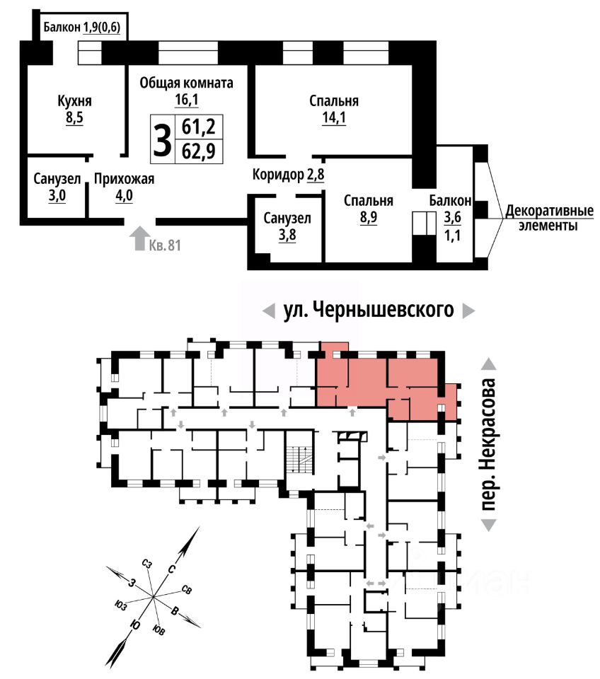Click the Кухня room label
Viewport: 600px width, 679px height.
(x=74, y=101)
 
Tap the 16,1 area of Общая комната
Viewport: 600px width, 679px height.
(x=187, y=100)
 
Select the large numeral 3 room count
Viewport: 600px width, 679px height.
(x=163, y=139)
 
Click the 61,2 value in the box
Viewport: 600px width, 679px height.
(x=199, y=127)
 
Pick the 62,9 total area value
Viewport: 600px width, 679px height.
(x=199, y=151)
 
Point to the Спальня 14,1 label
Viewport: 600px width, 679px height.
(x=334, y=109)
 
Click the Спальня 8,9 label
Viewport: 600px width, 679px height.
(x=369, y=209)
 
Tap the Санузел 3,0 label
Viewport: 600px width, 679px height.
(x=57, y=187)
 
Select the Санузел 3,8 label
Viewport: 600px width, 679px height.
(x=287, y=226)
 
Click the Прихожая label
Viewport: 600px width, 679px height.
(x=125, y=179)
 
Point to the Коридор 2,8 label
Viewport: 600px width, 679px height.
(x=289, y=175)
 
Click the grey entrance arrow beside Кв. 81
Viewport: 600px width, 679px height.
(x=139, y=238)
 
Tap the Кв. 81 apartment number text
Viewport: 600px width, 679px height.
(x=165, y=245)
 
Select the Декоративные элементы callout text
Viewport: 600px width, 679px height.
(x=549, y=219)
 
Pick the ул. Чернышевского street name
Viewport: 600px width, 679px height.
(x=369, y=310)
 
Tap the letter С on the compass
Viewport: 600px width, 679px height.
(x=171, y=569)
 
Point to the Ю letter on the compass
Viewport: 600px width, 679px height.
(x=135, y=625)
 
